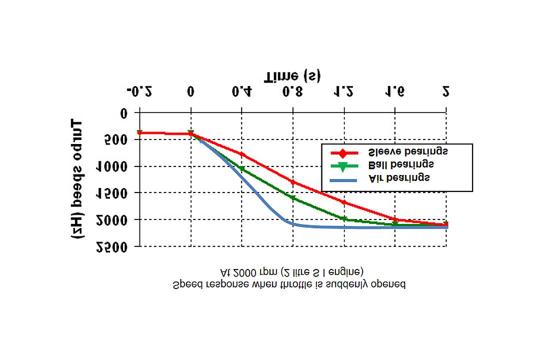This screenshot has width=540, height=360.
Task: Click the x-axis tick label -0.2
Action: (x=139, y=92)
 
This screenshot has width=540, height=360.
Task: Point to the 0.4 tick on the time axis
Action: (x=241, y=92)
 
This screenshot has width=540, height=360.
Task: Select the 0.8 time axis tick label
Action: (x=292, y=92)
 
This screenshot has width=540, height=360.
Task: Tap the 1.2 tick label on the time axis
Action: (x=344, y=92)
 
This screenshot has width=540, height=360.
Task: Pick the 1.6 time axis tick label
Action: (x=395, y=92)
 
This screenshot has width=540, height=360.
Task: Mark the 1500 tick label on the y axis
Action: (x=113, y=193)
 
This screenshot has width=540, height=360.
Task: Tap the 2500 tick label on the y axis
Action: (x=113, y=246)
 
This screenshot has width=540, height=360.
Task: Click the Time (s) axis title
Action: (x=292, y=76)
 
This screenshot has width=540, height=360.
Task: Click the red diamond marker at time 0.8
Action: (x=293, y=182)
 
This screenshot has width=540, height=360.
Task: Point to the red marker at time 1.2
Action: (x=344, y=202)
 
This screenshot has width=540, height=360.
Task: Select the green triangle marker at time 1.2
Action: (x=344, y=219)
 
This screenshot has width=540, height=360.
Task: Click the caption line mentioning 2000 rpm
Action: (x=292, y=272)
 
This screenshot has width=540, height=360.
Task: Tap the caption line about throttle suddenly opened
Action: (x=289, y=284)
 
